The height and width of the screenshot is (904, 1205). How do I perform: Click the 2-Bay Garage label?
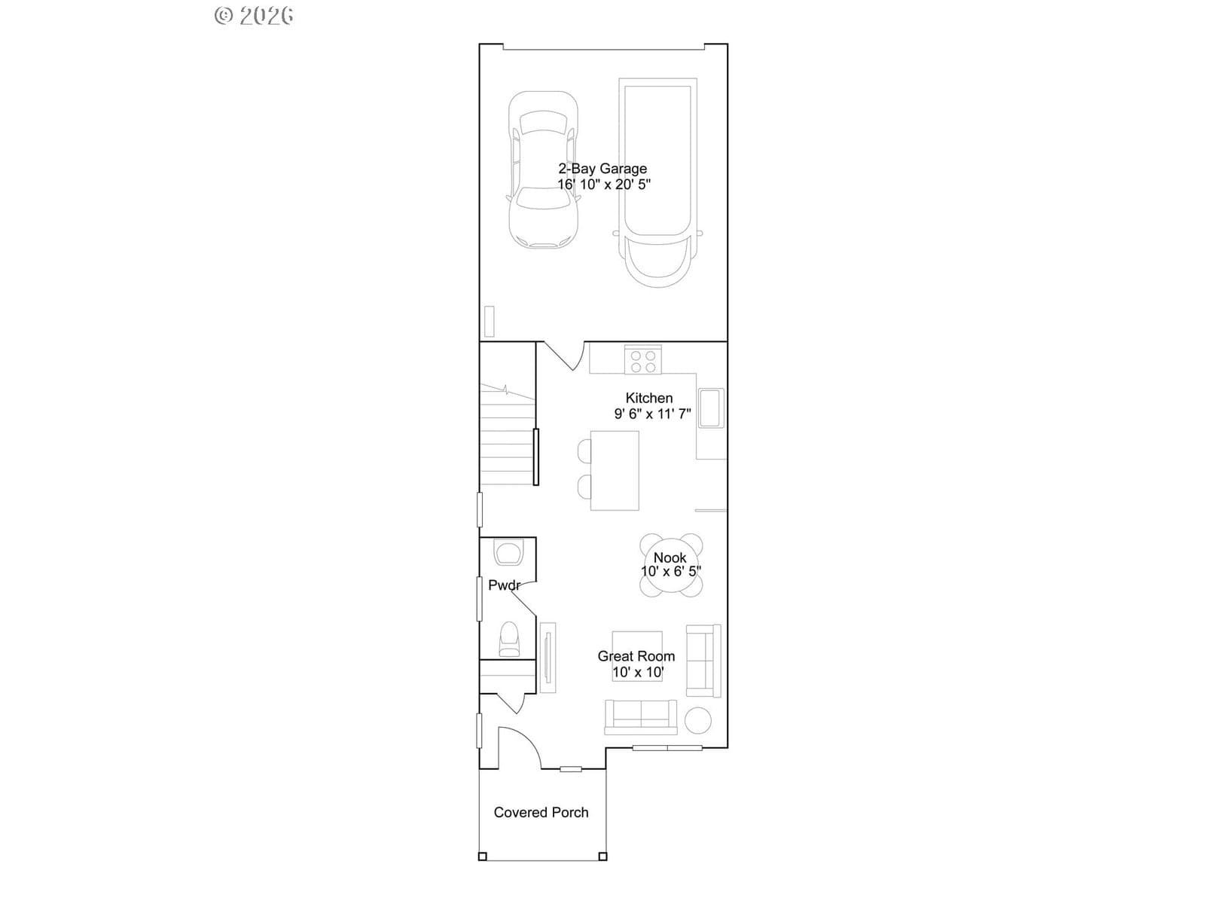point(602,169)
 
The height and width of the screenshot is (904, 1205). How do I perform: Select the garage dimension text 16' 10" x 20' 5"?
point(604,185)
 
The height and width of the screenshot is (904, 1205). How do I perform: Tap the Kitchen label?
point(649,398)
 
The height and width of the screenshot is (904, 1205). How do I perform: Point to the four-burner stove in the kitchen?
point(643,360)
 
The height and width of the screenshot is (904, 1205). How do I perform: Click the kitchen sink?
point(710,408)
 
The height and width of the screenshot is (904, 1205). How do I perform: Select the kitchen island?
point(615,470)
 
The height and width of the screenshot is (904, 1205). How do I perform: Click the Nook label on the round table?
point(670,557)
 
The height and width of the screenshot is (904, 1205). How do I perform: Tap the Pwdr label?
point(505,585)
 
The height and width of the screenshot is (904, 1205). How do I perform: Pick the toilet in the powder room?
point(509,639)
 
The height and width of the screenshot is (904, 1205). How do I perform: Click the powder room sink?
point(508,553)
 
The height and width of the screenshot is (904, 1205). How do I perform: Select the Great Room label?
point(636,656)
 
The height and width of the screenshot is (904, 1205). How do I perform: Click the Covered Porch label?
point(541,812)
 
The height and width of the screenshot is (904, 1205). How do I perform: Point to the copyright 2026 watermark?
point(254,15)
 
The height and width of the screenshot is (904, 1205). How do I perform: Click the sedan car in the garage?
point(543,169)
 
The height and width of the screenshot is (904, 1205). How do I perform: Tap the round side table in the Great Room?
point(697,720)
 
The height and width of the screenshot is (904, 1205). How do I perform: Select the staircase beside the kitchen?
point(508,434)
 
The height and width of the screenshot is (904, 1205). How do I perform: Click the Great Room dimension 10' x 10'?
point(638,672)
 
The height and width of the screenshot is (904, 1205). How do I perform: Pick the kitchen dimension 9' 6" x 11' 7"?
point(652,414)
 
